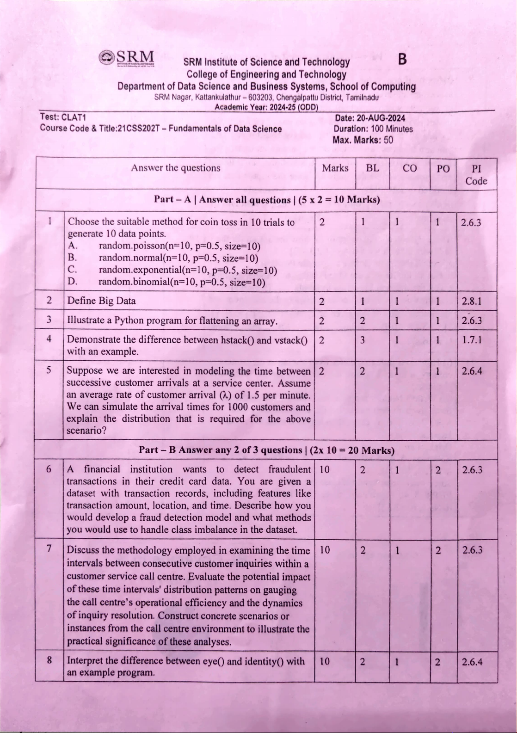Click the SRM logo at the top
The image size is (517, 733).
pyautogui.click(x=127, y=59)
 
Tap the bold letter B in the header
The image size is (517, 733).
pyautogui.click(x=402, y=60)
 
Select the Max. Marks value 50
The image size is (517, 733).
pyautogui.click(x=388, y=140)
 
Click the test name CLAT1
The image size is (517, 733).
pyautogui.click(x=74, y=117)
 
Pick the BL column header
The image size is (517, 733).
pyautogui.click(x=372, y=168)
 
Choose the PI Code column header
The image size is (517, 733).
pyautogui.click(x=476, y=175)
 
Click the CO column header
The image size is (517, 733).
pyautogui.click(x=409, y=168)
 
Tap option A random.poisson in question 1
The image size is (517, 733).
pyautogui.click(x=179, y=246)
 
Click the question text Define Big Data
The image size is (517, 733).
pyautogui.click(x=102, y=301)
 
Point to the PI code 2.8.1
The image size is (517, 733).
pyautogui.click(x=472, y=302)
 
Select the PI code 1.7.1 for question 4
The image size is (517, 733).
pyautogui.click(x=472, y=340)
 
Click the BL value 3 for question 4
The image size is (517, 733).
pyautogui.click(x=363, y=340)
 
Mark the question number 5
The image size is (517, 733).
pyautogui.click(x=49, y=370)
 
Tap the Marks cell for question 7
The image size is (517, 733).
pyautogui.click(x=325, y=550)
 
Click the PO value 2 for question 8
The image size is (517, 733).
pyautogui.click(x=437, y=662)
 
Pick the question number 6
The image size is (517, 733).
pyautogui.click(x=49, y=469)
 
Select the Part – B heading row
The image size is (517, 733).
pyautogui.click(x=266, y=450)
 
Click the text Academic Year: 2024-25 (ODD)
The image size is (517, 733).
pyautogui.click(x=266, y=107)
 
